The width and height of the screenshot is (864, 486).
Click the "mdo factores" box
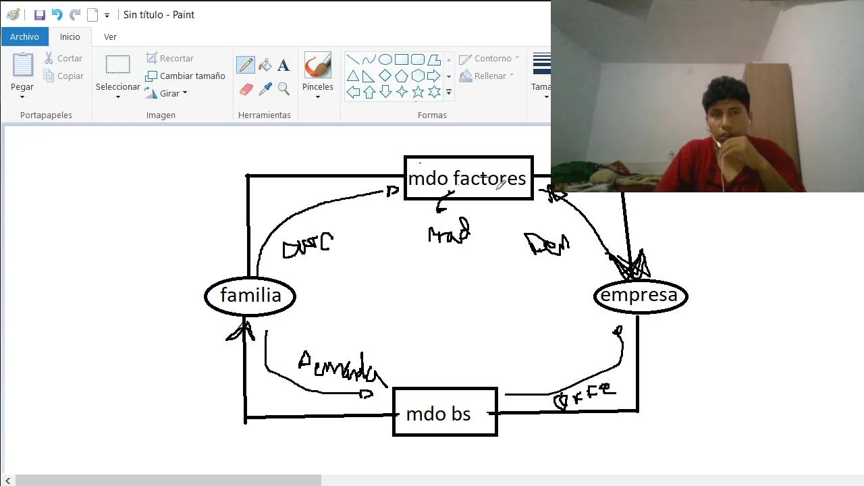pos(468,178)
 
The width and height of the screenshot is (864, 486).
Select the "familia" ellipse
pos(250,296)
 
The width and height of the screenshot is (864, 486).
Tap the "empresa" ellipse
pos(640,296)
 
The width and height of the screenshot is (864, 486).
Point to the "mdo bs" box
pos(444,412)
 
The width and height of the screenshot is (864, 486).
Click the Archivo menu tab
pos(24,36)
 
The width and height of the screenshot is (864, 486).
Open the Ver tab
pos(110,36)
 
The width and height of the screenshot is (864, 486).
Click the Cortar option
pos(63,59)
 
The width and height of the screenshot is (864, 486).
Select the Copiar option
pos(63,76)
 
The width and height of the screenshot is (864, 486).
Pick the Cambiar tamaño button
pos(186,76)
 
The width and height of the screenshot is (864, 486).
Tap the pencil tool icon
pos(246,65)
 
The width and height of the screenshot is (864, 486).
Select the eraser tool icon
pos(246,89)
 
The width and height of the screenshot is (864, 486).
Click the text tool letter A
pos(283,65)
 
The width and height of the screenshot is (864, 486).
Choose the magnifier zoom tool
pos(283,89)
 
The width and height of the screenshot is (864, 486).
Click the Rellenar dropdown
pos(487,76)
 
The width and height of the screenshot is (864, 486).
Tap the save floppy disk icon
pos(40,15)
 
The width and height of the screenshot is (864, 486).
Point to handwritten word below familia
pos(342,368)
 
